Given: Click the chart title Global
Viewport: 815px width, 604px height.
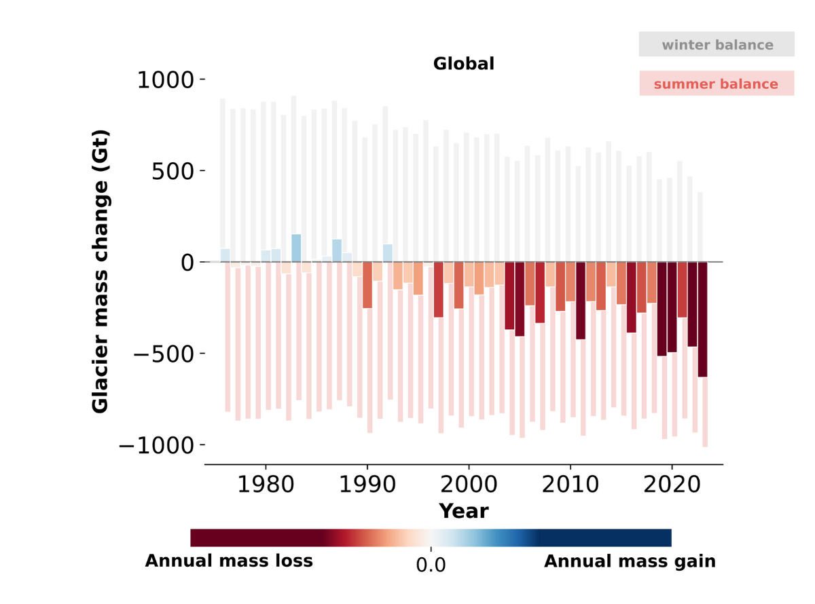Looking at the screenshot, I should click(464, 64).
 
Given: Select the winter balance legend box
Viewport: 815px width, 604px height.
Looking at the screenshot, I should click(717, 45).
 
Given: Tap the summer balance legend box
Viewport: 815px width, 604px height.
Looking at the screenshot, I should click(717, 84).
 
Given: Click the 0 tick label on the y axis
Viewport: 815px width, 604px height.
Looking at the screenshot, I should click(187, 263).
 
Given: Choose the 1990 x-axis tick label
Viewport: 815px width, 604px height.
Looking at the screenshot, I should click(367, 487).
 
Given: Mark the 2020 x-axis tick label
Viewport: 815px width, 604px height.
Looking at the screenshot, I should click(672, 487).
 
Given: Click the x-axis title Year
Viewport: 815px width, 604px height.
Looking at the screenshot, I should click(464, 510).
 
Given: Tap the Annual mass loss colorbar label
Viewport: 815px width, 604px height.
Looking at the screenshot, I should click(229, 561).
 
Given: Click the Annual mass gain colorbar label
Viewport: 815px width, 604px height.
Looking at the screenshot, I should click(630, 561).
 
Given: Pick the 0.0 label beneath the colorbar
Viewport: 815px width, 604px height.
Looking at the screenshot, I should click(431, 565).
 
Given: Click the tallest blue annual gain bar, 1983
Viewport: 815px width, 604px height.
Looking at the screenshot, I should click(296, 248).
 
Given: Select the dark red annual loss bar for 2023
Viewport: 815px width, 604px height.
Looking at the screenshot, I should click(702, 319).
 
